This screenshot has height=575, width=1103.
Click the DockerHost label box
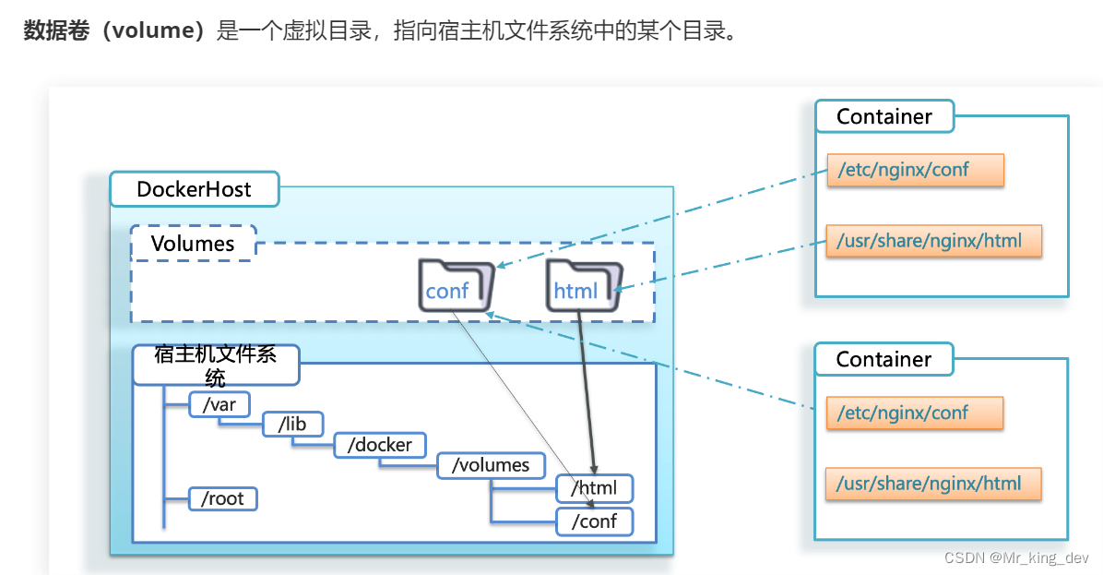point(194,189)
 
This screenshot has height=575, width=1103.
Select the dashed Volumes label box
point(193,244)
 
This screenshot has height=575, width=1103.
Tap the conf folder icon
point(456,284)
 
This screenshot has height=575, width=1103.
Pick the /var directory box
point(219,404)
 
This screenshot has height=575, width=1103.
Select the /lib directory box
point(291,424)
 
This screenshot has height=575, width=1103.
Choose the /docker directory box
point(380,445)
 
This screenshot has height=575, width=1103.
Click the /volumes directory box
point(491,465)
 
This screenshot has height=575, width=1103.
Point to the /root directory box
point(222,498)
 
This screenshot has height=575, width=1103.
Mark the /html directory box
point(596,487)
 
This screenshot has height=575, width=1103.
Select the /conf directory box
point(595,521)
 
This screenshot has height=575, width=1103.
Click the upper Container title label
point(884,117)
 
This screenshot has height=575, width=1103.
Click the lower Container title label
point(884,359)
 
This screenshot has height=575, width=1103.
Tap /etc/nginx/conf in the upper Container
point(915,170)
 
